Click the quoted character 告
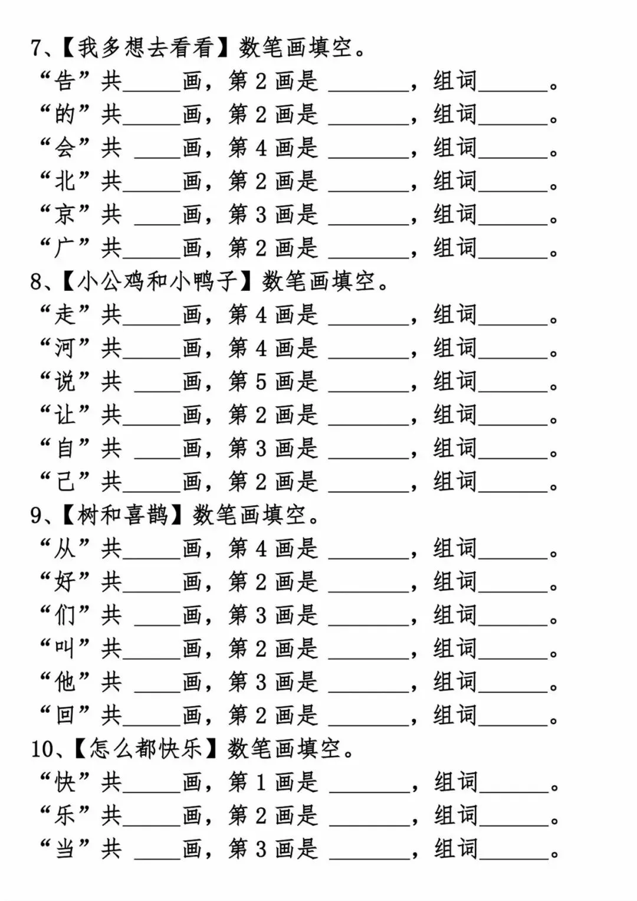click(x=65, y=81)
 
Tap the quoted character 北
click(x=65, y=181)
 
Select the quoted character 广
click(x=65, y=248)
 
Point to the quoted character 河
click(x=65, y=348)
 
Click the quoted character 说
click(x=65, y=382)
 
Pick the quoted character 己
click(x=65, y=481)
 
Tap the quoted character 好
click(x=65, y=582)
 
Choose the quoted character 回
click(x=65, y=715)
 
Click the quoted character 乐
click(x=65, y=815)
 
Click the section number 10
click(x=43, y=749)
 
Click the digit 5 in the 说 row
click(x=261, y=382)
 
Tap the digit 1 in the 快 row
click(x=261, y=782)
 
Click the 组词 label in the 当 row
click(x=455, y=849)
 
